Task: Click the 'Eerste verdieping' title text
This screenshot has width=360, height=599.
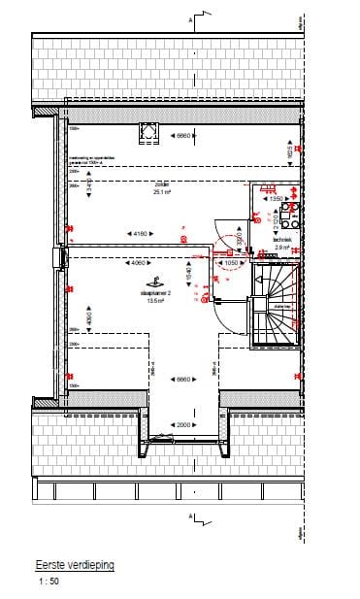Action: pyautogui.click(x=74, y=562)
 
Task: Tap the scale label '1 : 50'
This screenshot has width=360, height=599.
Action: pyautogui.click(x=49, y=582)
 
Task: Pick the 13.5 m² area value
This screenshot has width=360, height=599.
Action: pyautogui.click(x=154, y=301)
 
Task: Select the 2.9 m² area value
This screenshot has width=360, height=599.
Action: pyautogui.click(x=256, y=248)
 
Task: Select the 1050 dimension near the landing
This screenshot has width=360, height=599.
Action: pyautogui.click(x=231, y=263)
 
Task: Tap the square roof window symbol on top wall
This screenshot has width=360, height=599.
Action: pyautogui.click(x=149, y=133)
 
